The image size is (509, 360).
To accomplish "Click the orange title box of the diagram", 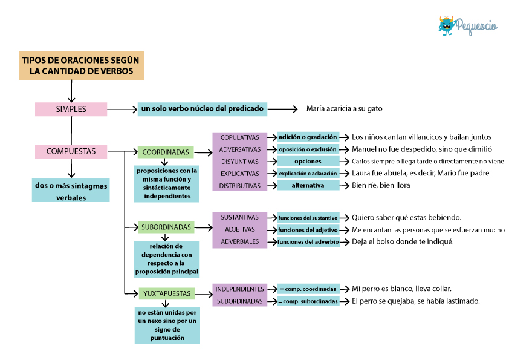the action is (81, 66).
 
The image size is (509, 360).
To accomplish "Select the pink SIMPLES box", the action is (71, 109).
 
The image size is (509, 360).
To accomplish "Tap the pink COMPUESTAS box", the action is (71, 151).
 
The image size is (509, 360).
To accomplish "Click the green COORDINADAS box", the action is (166, 152).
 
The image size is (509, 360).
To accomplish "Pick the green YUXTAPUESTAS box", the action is (167, 293).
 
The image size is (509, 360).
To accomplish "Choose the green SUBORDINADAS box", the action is (166, 227).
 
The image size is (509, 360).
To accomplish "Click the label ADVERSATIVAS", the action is (240, 150).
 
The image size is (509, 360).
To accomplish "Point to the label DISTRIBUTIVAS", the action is (240, 186).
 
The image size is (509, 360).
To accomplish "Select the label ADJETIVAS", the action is (240, 229).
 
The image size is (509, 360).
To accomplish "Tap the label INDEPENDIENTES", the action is (240, 289).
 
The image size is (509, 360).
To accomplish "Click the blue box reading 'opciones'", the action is (308, 161).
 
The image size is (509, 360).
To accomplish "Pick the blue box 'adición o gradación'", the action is (308, 137).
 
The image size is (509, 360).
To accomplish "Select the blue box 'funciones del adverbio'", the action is (308, 242).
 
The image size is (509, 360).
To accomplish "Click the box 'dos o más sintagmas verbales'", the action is (71, 190).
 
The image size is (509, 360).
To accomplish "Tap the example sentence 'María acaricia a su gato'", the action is (345, 108).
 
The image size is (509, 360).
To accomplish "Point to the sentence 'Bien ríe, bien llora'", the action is (381, 185).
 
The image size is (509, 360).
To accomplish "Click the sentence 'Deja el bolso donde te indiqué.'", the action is (403, 242).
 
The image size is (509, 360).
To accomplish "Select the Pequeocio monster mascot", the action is (446, 25).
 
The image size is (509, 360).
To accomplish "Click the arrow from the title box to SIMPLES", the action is (71, 91).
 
